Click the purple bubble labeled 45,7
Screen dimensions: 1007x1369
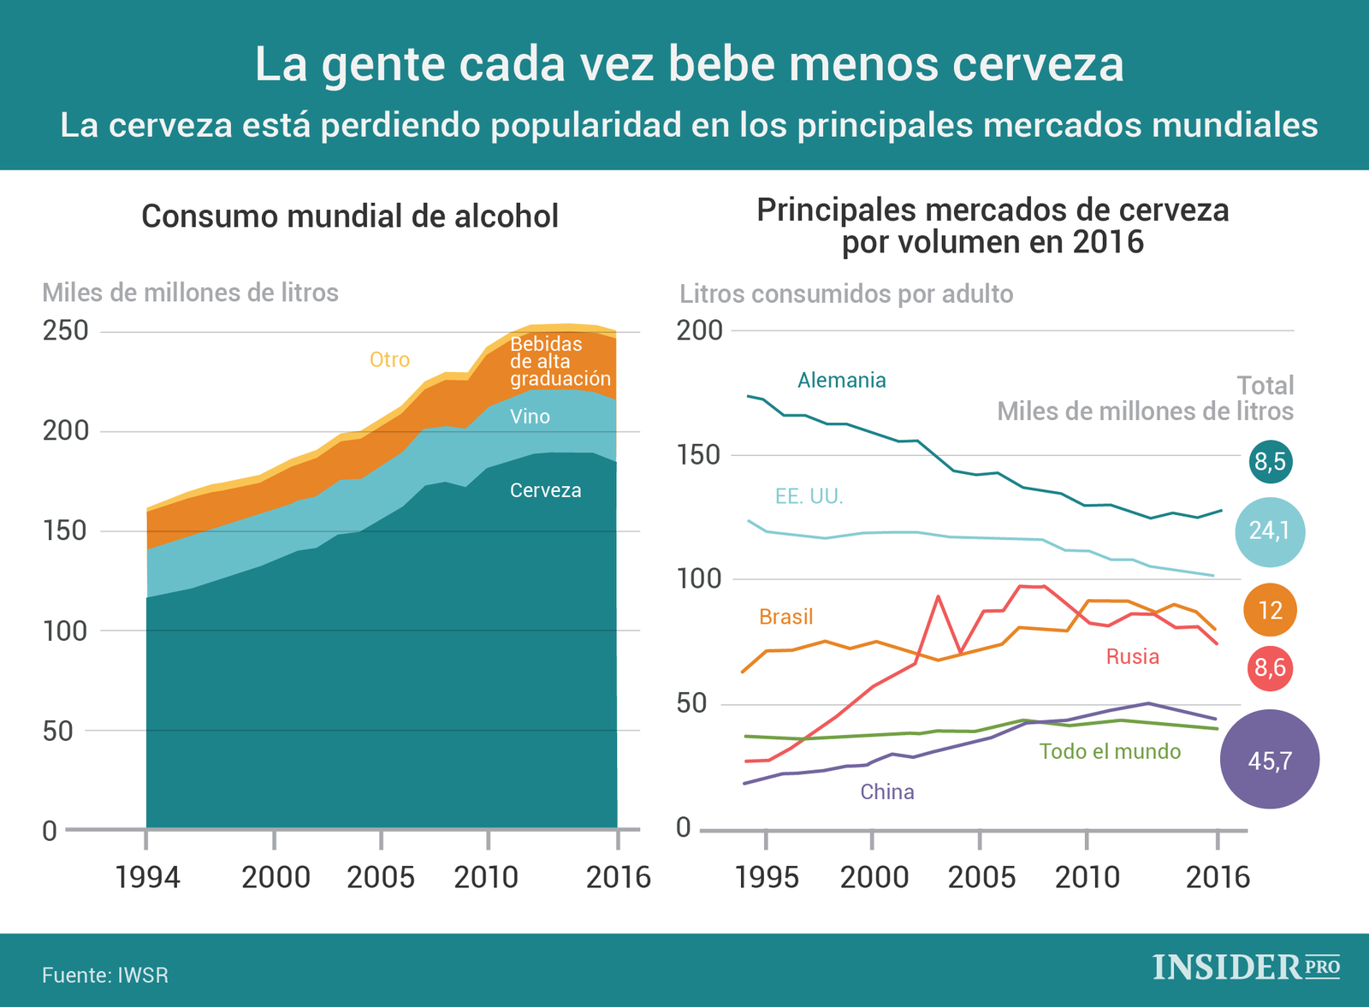(1270, 760)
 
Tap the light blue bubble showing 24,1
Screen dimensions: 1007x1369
(1270, 532)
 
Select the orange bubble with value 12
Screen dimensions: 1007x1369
(1270, 610)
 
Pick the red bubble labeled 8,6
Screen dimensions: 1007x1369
(1270, 667)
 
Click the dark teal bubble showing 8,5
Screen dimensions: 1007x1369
(1270, 462)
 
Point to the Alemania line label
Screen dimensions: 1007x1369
(841, 381)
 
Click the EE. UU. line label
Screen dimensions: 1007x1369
(809, 496)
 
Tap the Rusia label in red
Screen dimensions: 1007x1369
(1132, 657)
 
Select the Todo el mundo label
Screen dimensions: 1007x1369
(1110, 752)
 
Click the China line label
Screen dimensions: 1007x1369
(886, 792)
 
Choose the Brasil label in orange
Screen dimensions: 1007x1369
(785, 617)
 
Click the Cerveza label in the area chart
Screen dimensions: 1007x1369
(545, 491)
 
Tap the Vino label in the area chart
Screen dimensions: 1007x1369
(530, 418)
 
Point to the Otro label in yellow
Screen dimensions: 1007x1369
(389, 360)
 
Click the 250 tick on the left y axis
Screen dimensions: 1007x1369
(66, 331)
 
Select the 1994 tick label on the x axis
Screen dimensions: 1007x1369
(148, 878)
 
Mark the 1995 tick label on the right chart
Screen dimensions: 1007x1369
(767, 878)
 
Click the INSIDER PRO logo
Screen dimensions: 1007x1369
(1246, 967)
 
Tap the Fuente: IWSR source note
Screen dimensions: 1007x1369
(105, 975)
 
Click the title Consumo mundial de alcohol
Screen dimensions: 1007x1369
(350, 216)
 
